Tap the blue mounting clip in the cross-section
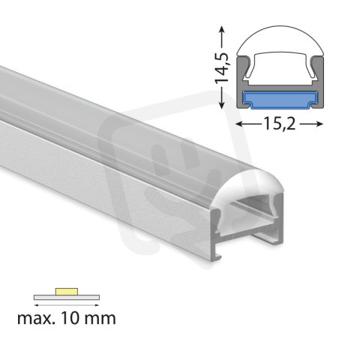tap(280, 97)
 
